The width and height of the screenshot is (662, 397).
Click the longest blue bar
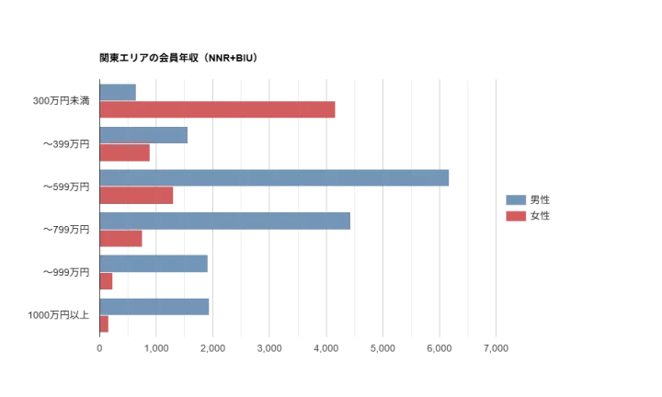(276, 179)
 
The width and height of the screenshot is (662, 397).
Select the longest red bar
(218, 111)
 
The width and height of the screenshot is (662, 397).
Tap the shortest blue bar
(118, 92)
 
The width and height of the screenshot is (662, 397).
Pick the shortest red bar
(104, 324)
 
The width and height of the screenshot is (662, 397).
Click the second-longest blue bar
(225, 222)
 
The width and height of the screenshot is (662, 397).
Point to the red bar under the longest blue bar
(136, 197)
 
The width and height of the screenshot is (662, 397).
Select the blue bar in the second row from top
(143, 136)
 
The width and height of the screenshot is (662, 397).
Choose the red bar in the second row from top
(125, 153)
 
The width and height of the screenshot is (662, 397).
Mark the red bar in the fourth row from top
(121, 239)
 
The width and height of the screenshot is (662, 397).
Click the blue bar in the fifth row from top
(153, 265)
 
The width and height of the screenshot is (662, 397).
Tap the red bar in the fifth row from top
(107, 281)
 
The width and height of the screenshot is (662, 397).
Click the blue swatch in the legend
(517, 199)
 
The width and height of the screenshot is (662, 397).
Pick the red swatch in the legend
(517, 217)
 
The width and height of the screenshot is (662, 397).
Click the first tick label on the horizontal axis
(98, 348)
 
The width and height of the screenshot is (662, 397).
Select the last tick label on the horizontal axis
(496, 348)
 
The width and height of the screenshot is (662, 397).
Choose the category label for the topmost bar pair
(61, 102)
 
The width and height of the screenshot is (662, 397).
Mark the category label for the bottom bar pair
(59, 316)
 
